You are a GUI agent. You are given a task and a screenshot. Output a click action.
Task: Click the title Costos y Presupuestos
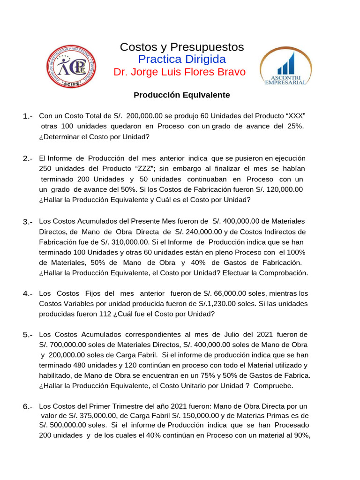click(182, 47)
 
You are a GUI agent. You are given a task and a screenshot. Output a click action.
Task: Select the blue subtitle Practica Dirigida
click(182, 60)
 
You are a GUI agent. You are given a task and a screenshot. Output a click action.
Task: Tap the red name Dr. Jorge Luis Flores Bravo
click(180, 73)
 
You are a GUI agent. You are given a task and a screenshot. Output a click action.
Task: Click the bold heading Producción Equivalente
click(182, 95)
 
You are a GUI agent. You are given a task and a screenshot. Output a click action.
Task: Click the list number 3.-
click(27, 222)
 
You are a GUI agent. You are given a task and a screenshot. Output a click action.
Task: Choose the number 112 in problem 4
click(105, 315)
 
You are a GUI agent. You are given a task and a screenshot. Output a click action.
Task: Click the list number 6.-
click(27, 406)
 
